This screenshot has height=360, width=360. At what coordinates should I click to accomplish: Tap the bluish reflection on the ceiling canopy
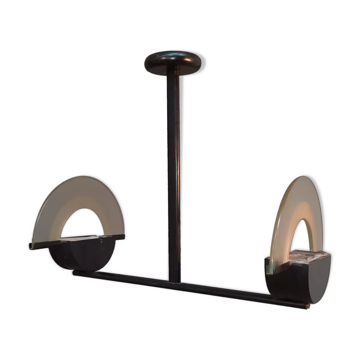pyautogui.click(x=173, y=55)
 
